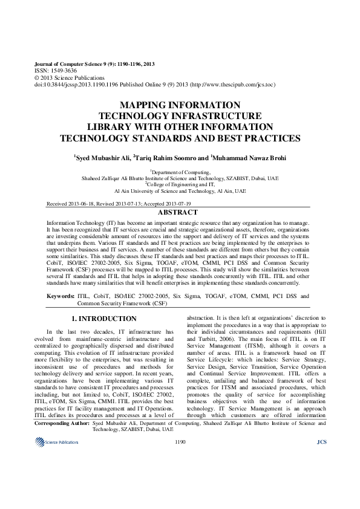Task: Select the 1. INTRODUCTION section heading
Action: (x=104, y=319)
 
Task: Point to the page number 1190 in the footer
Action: (x=180, y=476)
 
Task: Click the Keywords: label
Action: (x=61, y=296)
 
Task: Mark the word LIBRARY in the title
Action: (x=112, y=127)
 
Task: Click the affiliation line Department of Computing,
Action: (x=180, y=172)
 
